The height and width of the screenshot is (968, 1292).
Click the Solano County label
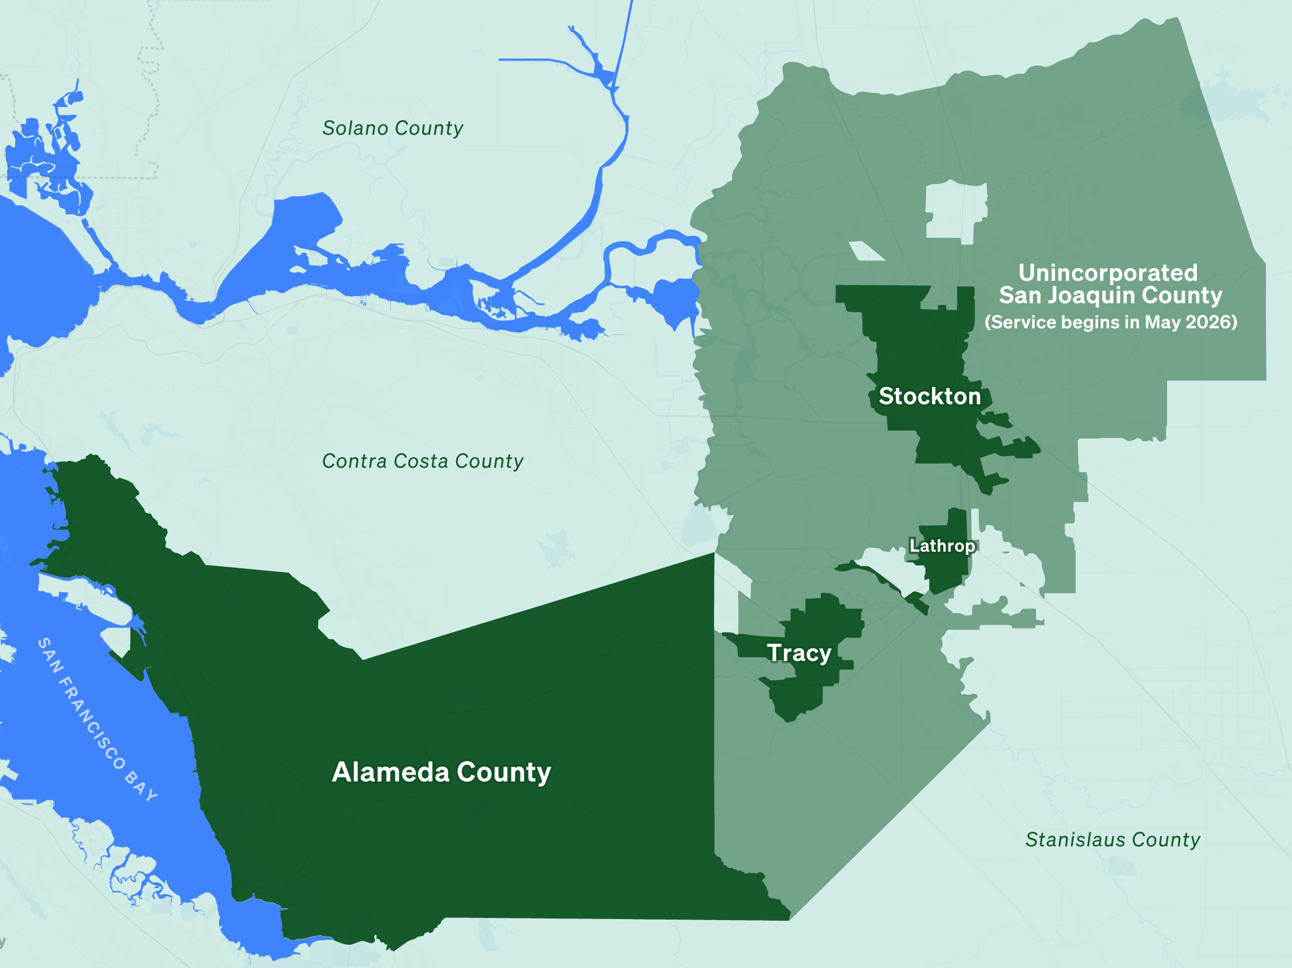click(392, 128)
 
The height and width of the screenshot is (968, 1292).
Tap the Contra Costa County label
click(422, 461)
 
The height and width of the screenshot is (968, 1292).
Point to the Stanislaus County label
click(1113, 839)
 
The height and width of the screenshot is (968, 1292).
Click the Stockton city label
click(929, 396)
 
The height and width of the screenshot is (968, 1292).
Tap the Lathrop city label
click(942, 546)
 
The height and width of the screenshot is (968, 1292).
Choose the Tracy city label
click(799, 653)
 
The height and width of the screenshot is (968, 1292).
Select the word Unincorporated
click(1108, 273)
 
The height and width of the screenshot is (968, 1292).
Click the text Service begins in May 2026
click(1110, 322)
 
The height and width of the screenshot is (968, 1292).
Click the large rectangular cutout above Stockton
click(956, 210)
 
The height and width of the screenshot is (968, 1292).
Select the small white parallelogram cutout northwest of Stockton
click(866, 251)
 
